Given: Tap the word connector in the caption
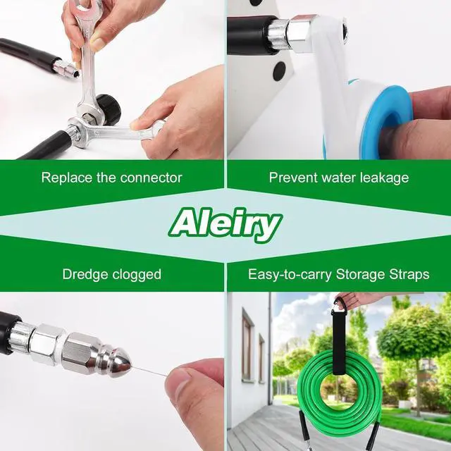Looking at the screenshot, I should tap(150, 178).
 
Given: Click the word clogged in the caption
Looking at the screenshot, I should tap(136, 274).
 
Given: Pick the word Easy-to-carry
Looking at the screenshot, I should tap(289, 274).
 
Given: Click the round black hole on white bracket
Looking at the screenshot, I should tap(279, 70).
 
